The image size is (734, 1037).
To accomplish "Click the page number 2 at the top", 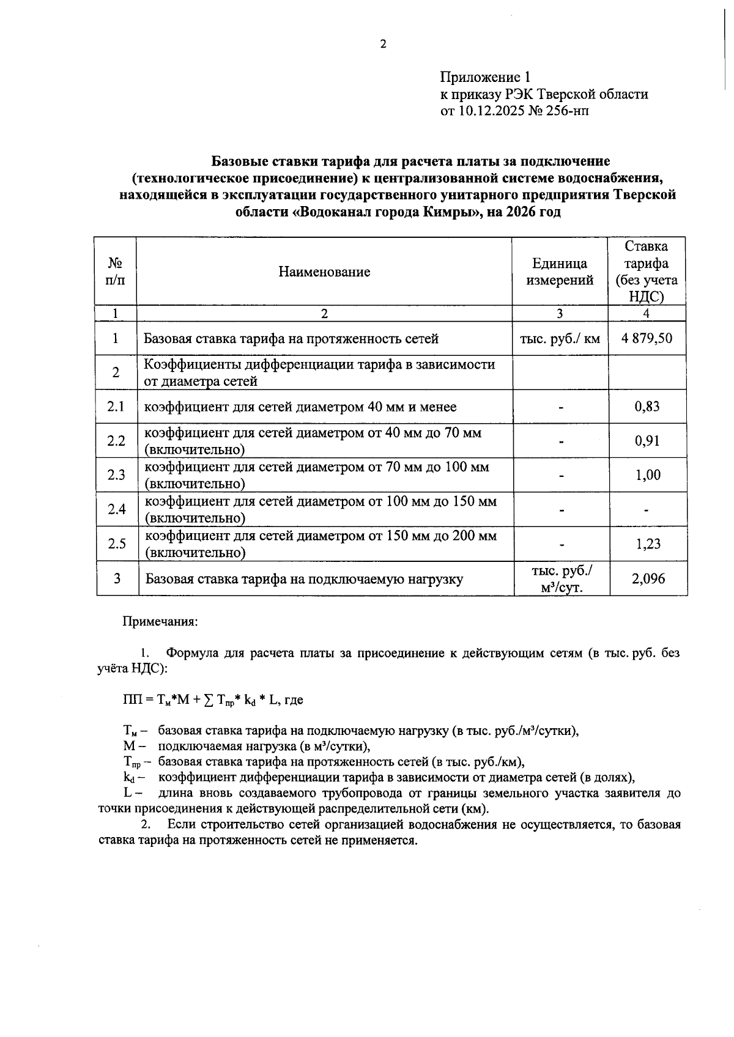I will point(383,44).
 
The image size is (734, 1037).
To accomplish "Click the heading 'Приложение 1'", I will point(485,77).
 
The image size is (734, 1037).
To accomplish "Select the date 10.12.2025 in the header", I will point(492,111).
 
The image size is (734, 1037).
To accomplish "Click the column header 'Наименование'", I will point(324,272).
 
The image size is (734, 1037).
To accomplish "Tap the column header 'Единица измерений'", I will point(560,272).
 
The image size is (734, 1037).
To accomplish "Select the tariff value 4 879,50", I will point(647,338).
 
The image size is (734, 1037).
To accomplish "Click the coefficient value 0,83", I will point(647,407).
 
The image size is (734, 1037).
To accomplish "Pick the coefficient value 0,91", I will point(647,441).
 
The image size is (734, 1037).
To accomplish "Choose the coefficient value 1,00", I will point(648,475).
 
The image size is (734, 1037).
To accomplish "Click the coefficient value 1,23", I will point(647,544).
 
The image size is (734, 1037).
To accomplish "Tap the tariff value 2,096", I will point(648,578).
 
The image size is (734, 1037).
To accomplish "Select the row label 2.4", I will point(116,509).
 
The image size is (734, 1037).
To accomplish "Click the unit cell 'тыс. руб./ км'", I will point(560,338).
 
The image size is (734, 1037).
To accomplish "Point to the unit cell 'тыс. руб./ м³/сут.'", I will point(561,578).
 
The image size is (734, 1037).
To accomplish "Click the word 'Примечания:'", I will point(160,622).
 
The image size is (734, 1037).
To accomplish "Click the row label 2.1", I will point(116,407).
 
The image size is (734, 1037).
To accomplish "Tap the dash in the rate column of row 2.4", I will point(647,509).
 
